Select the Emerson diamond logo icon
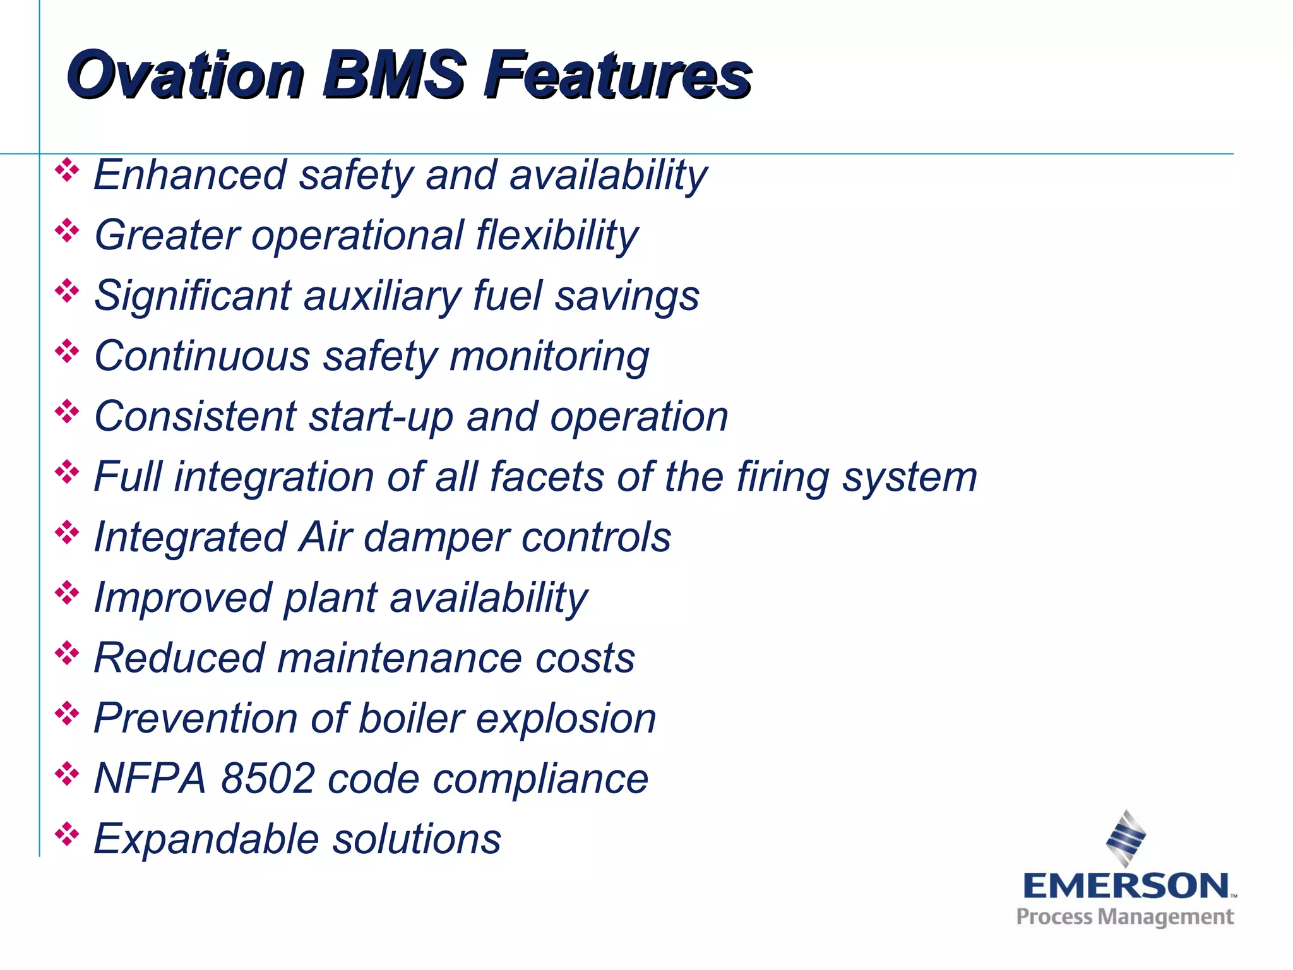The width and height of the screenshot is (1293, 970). click(x=1126, y=838)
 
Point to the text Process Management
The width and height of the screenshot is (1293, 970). click(x=1124, y=916)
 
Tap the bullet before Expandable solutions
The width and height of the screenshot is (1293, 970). click(x=67, y=834)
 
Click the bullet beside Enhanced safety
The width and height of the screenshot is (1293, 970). click(x=67, y=171)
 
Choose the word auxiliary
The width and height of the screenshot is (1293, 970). click(x=383, y=296)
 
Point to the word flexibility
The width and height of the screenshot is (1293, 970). click(x=557, y=236)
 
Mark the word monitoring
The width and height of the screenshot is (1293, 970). click(x=549, y=357)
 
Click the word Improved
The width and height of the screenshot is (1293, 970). click(x=182, y=598)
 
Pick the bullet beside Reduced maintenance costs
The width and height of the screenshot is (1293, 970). click(x=67, y=654)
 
